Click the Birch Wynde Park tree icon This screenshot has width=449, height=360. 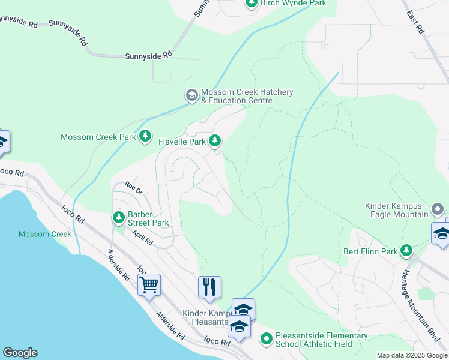(252, 4)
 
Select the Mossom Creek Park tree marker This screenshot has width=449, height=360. (145, 137)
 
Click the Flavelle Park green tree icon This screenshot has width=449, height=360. (215, 142)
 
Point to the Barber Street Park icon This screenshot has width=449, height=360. (118, 217)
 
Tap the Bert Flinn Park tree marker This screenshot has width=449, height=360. (407, 250)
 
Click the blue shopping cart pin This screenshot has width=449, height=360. (149, 286)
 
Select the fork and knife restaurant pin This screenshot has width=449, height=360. (209, 287)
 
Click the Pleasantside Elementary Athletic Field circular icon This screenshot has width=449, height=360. (267, 339)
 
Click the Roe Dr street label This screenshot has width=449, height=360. (133, 188)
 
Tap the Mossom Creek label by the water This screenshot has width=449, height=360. (36, 234)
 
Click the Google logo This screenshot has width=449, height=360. (20, 353)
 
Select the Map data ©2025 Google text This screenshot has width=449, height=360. (411, 355)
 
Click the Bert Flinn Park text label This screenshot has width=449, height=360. (370, 251)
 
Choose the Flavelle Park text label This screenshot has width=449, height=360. (181, 142)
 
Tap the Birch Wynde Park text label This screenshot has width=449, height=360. (294, 4)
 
